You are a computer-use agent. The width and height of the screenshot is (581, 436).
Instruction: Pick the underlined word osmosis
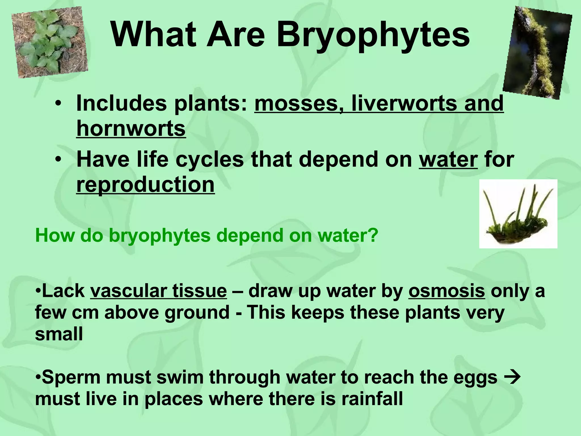tap(447, 291)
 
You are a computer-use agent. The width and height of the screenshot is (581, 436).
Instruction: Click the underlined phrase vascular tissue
tap(158, 291)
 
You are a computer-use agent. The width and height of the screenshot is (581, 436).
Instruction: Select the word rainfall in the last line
tap(372, 399)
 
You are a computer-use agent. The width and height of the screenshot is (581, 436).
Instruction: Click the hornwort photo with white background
tap(518, 213)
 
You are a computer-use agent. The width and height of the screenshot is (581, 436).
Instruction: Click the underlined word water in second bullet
tap(448, 160)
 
